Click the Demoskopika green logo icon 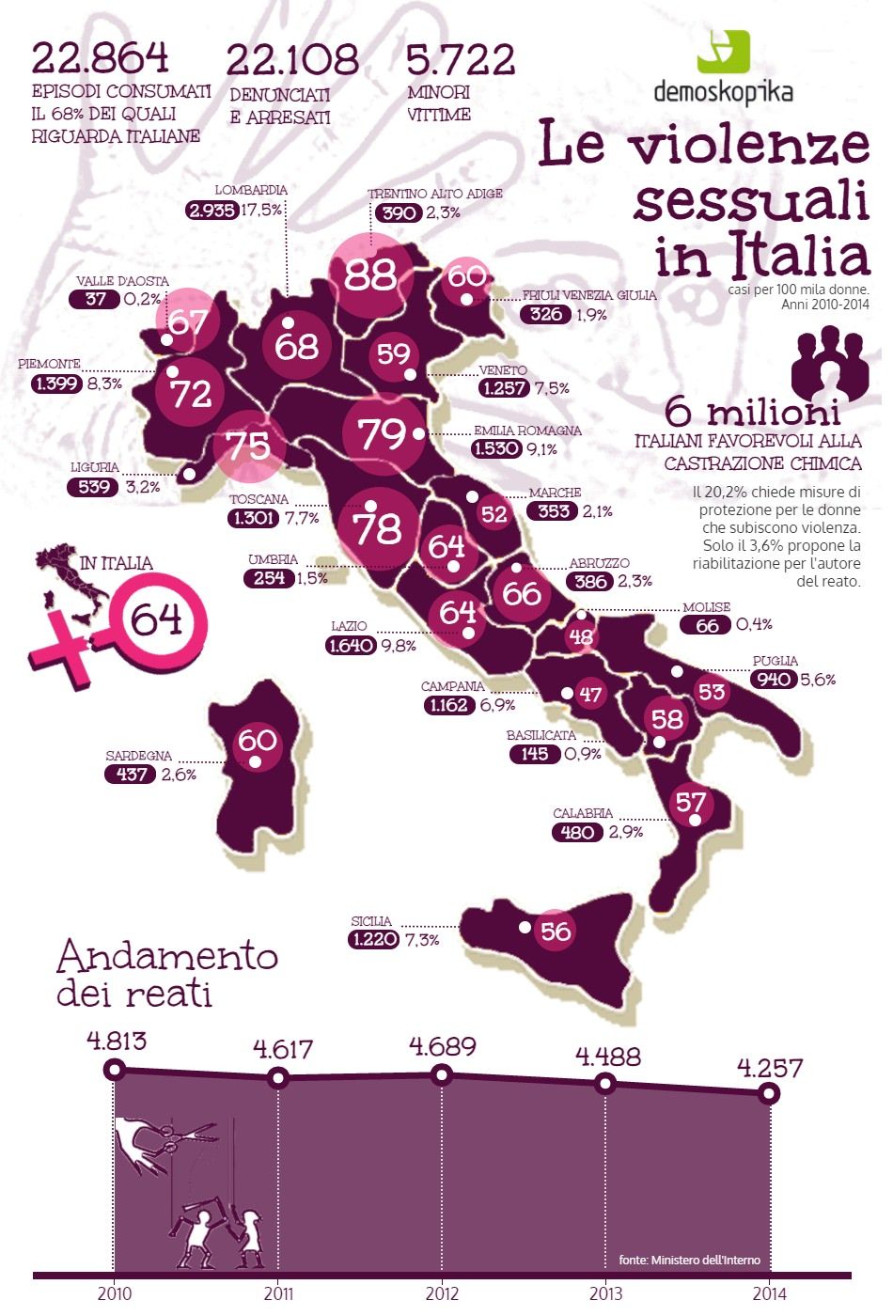pyautogui.click(x=723, y=52)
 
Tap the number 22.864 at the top pyautogui.click(x=101, y=58)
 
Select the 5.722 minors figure pyautogui.click(x=461, y=60)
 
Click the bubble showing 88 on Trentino pyautogui.click(x=370, y=274)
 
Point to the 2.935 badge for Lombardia pyautogui.click(x=212, y=211)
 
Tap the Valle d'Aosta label pyautogui.click(x=122, y=281)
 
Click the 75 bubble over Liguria pyautogui.click(x=248, y=445)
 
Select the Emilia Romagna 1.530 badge pyautogui.click(x=496, y=448)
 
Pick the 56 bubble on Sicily pyautogui.click(x=556, y=931)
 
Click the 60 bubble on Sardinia pyautogui.click(x=257, y=742)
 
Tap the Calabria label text pyautogui.click(x=583, y=813)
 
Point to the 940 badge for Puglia pyautogui.click(x=774, y=679)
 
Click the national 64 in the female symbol pyautogui.click(x=156, y=620)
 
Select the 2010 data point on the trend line pyautogui.click(x=115, y=1069)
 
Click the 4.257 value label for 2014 pyautogui.click(x=770, y=1068)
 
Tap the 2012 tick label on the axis pyautogui.click(x=442, y=1294)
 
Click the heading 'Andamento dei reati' pyautogui.click(x=166, y=973)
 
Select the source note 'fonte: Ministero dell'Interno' pyautogui.click(x=689, y=1260)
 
